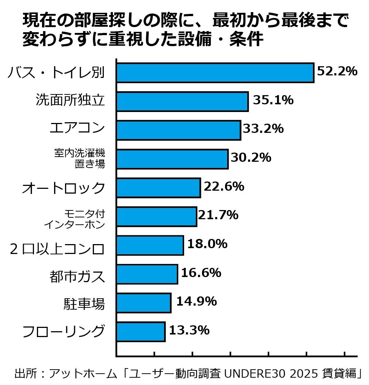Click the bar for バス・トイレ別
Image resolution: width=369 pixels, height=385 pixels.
click(215, 72)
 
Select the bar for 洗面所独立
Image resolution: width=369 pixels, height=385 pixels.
click(182, 101)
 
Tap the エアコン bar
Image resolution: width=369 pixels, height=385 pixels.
click(178, 130)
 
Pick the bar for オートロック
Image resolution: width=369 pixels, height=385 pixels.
click(158, 188)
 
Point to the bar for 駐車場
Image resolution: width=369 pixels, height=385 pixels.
click(144, 303)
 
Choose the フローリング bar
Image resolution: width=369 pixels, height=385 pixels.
click(141, 332)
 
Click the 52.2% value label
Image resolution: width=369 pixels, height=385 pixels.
click(337, 71)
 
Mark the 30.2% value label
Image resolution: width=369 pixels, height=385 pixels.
click(251, 158)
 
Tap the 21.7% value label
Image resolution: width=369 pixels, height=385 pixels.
click(218, 215)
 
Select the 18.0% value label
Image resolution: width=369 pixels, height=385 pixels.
click(207, 244)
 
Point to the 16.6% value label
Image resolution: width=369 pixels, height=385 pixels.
click(201, 273)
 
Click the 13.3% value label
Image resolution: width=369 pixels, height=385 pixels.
click(189, 330)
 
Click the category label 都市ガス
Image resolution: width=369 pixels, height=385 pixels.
click(77, 276)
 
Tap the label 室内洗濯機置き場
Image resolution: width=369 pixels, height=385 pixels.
click(80, 158)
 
